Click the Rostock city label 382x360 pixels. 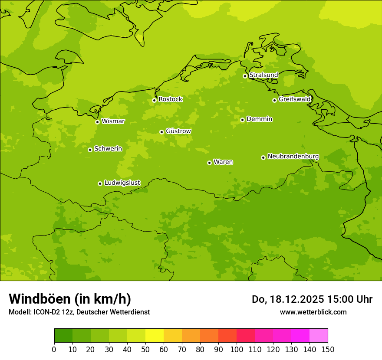coord(170,99)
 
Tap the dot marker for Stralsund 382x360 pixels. coord(245,76)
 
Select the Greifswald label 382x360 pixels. coord(294,99)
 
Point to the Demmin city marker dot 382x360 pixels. coord(242,120)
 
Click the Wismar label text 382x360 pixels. coord(113,121)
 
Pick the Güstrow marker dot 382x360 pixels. coord(161,132)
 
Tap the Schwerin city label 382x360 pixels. coord(108,149)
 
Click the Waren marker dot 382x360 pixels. coord(209,163)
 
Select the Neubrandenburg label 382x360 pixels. coord(293,157)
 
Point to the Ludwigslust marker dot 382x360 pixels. coord(100,183)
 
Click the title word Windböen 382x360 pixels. coord(40,299)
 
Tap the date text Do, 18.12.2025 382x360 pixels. coord(287,299)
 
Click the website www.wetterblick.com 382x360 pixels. coord(313,312)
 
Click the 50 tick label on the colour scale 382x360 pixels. coord(145,350)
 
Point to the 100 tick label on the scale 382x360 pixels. coord(237,350)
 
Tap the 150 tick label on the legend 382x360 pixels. coord(328,350)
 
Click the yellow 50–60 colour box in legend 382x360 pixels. coord(155,336)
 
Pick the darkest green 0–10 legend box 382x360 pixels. coord(63,336)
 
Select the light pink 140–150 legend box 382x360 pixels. coord(319,336)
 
